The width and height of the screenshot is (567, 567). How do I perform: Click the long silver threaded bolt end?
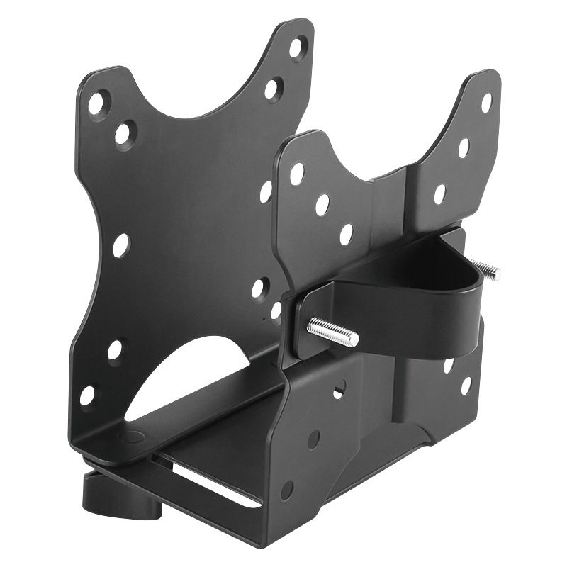(333, 331)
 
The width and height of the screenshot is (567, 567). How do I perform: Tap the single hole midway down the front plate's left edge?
(120, 245)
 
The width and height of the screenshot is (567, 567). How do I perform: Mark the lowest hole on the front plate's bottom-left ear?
(87, 395)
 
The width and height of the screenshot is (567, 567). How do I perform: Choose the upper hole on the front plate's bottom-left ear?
(114, 350)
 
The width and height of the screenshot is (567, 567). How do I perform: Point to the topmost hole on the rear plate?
(486, 102)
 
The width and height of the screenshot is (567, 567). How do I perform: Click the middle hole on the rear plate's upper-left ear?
(322, 204)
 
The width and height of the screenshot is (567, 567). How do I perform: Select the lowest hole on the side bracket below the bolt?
(286, 490)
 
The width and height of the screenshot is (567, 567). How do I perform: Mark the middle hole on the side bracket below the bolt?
(313, 439)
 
